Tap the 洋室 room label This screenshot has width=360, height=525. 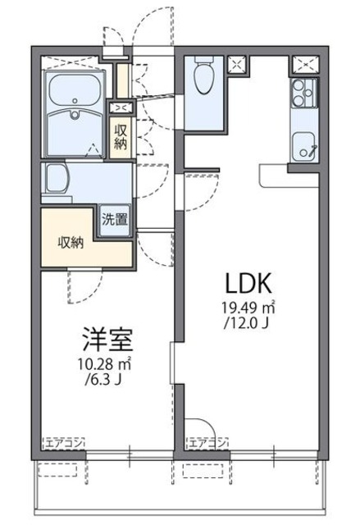(107, 339)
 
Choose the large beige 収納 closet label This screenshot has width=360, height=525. (71, 242)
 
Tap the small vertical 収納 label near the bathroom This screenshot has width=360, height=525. (121, 136)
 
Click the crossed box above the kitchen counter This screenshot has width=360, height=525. (303, 64)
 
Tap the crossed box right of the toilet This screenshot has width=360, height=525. (239, 64)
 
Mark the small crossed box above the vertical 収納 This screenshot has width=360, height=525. (121, 107)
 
